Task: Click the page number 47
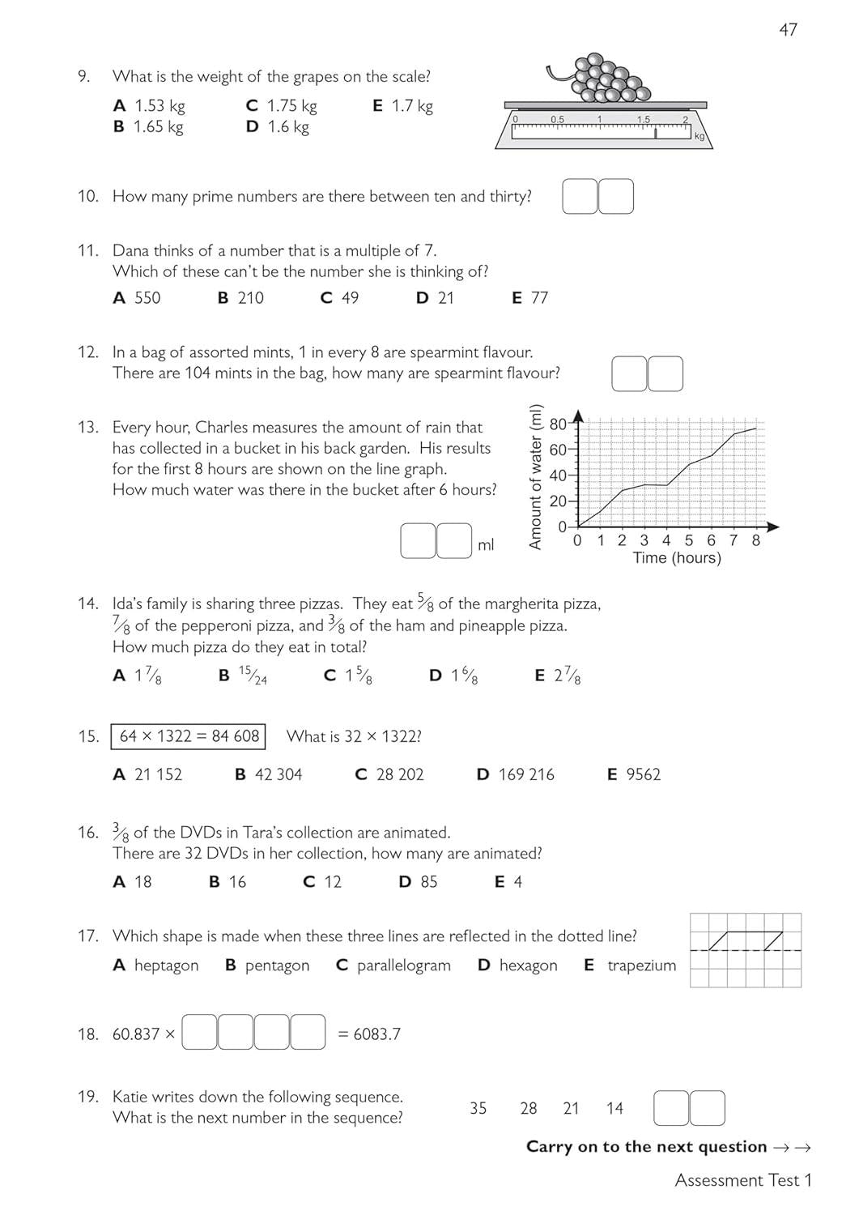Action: pyautogui.click(x=788, y=30)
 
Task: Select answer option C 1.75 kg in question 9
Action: pyautogui.click(x=282, y=106)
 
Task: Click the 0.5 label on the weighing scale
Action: pyautogui.click(x=557, y=119)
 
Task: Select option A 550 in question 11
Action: pyautogui.click(x=137, y=298)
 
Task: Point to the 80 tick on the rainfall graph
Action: pyautogui.click(x=559, y=424)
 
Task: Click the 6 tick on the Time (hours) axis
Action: pyautogui.click(x=711, y=540)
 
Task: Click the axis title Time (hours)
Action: pyautogui.click(x=676, y=558)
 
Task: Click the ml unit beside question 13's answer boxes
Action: pyautogui.click(x=486, y=545)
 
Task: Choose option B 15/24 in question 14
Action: pyautogui.click(x=243, y=676)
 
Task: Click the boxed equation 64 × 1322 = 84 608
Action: pyautogui.click(x=189, y=736)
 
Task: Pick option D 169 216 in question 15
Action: pyautogui.click(x=516, y=775)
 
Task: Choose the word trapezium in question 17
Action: pyautogui.click(x=641, y=966)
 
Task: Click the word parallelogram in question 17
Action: pyautogui.click(x=403, y=966)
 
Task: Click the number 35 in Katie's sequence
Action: pyautogui.click(x=478, y=1108)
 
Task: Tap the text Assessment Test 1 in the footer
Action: pyautogui.click(x=742, y=1180)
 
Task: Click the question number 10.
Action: pyautogui.click(x=87, y=197)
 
